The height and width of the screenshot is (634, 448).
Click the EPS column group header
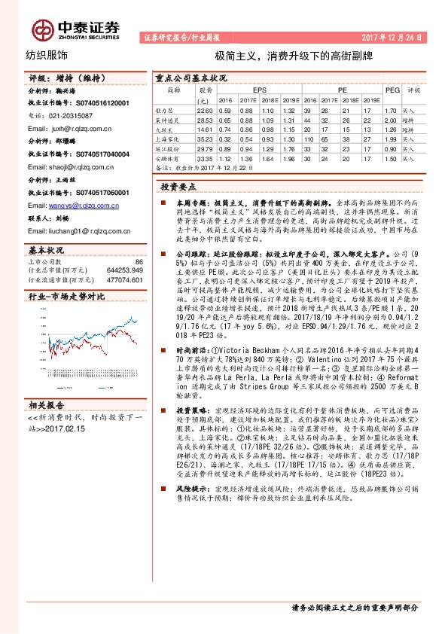point(259,89)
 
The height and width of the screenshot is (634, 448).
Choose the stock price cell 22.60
point(203,109)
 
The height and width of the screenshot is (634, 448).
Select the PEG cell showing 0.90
point(389,149)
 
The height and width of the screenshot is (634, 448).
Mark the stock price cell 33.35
point(203,159)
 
